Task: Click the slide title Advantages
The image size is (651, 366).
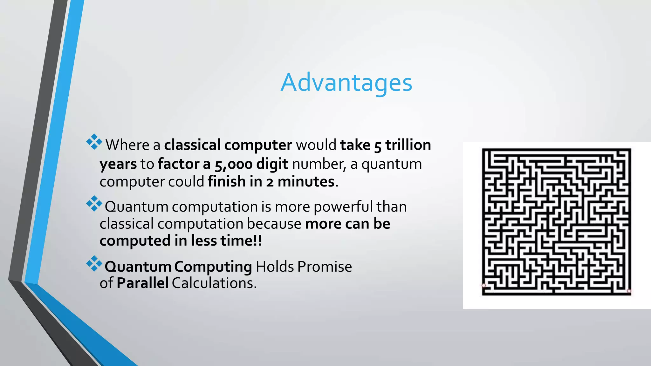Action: [346, 83]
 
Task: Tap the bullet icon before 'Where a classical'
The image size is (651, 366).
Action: [94, 142]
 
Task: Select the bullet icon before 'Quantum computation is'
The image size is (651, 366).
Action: [94, 204]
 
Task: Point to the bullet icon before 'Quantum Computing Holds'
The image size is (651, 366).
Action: [94, 263]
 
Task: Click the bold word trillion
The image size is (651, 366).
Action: [408, 145]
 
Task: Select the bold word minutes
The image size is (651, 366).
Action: [306, 182]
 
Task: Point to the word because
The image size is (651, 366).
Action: [274, 224]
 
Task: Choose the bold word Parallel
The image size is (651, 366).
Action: [142, 283]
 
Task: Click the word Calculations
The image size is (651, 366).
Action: [214, 283]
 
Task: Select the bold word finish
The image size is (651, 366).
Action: [226, 182]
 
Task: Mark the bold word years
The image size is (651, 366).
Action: [118, 165]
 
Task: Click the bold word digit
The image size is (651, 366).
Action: [272, 164]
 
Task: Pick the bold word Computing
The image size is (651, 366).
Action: [213, 267]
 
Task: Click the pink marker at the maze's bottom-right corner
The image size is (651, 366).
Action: [629, 291]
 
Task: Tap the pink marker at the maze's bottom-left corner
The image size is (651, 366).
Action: [484, 285]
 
